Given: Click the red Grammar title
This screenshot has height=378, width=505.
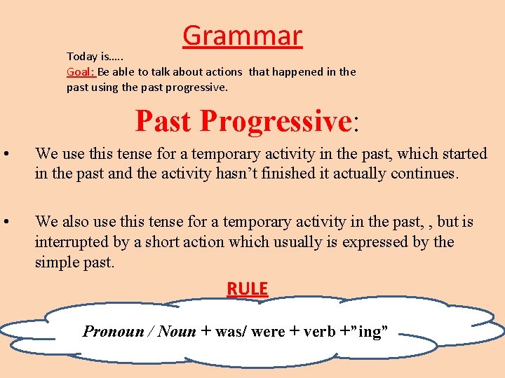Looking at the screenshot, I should click(x=242, y=36).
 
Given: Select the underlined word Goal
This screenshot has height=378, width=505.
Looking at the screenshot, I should click(x=80, y=71).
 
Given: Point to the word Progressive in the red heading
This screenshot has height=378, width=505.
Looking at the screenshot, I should click(x=275, y=120).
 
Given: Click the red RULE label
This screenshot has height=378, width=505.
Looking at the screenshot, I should click(x=247, y=288).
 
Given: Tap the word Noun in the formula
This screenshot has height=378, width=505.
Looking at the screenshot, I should click(x=177, y=331).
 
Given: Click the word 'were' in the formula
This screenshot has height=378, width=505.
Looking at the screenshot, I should click(x=268, y=331).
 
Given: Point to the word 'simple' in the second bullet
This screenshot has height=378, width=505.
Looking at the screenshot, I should click(x=57, y=262).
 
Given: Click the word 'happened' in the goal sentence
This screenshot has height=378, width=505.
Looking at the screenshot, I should click(x=292, y=71).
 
